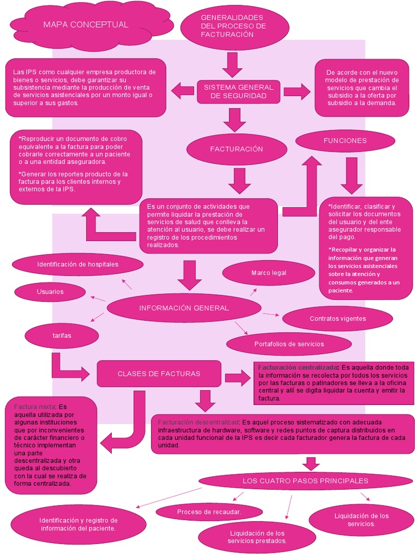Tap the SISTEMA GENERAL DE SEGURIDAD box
[x=238, y=91]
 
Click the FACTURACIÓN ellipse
[x=236, y=149]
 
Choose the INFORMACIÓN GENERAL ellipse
[x=184, y=308]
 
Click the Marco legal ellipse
[x=269, y=273]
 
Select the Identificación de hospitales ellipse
[x=78, y=264]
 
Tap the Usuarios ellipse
[x=50, y=292]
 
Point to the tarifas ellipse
[x=61, y=336]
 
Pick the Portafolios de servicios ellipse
[x=289, y=344]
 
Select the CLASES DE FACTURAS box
[x=159, y=374]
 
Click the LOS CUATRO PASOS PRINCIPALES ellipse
[x=305, y=481]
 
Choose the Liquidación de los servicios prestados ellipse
[x=257, y=537]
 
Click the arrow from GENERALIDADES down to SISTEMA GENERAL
[x=232, y=65]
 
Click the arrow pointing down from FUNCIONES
[x=351, y=175]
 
